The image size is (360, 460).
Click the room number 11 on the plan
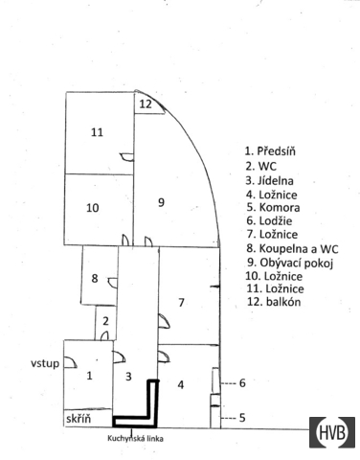97,132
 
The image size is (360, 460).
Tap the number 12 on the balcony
146,104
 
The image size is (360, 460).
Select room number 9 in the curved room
162,202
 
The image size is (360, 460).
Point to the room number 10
93,208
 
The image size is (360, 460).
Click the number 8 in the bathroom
95,279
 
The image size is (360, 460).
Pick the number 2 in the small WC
106,321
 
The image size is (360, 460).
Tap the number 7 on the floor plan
181,302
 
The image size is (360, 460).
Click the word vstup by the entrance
45,363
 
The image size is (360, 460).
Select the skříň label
79,419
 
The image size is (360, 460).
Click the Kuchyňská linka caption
135,439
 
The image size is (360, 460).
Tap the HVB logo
332,432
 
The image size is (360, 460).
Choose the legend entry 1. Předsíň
270,150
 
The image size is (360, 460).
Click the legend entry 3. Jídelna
269,181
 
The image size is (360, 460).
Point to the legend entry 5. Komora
273,208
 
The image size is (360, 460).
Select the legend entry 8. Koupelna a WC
292,248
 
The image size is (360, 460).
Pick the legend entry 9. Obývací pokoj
290,263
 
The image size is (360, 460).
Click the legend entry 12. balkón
274,302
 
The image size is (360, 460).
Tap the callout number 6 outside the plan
242,383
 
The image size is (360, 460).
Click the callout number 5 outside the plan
242,418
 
